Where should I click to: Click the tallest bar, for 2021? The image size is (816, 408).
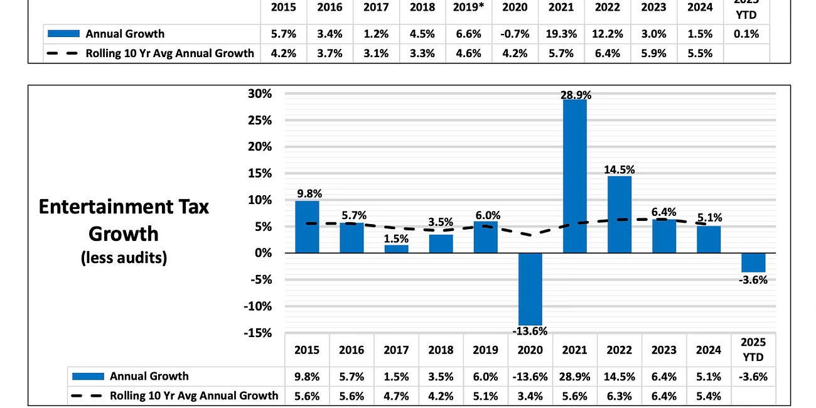point(575,176)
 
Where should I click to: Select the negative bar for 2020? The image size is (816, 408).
point(530,289)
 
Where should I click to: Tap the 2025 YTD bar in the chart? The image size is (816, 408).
point(753,262)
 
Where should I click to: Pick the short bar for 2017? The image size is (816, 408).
point(396,249)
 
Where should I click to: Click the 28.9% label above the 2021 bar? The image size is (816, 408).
point(575,95)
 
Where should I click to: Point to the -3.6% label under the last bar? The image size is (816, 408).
point(753,280)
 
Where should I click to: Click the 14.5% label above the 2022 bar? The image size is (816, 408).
point(620,169)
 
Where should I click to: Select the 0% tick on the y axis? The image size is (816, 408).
point(262,253)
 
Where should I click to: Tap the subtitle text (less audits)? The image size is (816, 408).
point(124,258)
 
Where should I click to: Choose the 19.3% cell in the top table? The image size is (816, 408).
point(561,34)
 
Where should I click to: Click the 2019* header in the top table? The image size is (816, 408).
point(468,8)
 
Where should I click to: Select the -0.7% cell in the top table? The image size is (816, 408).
point(515,34)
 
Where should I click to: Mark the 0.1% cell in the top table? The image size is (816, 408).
point(746,34)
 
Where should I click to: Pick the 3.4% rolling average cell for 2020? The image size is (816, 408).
point(530,395)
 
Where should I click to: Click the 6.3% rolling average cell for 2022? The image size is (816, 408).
point(620,395)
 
